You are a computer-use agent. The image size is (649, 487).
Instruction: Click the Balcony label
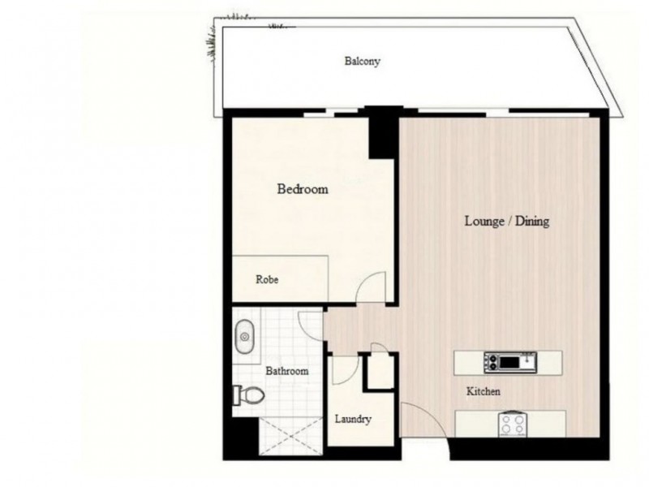point(363,61)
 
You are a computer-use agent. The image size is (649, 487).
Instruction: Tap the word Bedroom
point(303,190)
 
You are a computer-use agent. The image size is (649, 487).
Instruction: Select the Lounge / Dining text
point(506,221)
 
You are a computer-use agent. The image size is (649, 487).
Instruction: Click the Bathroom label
point(287,371)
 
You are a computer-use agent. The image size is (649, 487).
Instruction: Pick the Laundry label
point(353,420)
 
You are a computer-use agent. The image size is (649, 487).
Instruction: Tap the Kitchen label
point(483,392)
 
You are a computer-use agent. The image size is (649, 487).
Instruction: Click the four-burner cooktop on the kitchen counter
point(513,423)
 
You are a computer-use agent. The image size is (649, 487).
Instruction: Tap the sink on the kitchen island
point(511,360)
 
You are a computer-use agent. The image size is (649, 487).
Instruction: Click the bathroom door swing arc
point(310,323)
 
